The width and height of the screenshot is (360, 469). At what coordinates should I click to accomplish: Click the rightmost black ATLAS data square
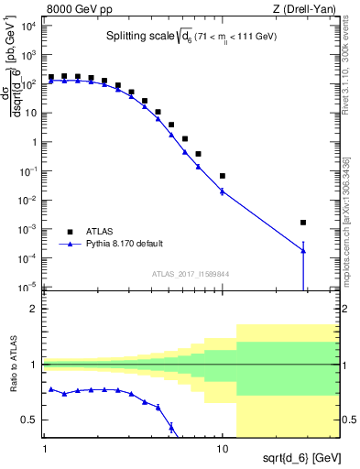(x=303, y=223)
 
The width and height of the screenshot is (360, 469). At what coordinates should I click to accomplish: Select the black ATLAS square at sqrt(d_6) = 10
(x=223, y=176)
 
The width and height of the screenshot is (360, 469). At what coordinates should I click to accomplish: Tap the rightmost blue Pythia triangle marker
(x=303, y=251)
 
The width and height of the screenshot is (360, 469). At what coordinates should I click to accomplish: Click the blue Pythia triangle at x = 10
(x=223, y=191)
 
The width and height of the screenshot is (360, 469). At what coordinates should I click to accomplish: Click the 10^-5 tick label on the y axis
(x=29, y=288)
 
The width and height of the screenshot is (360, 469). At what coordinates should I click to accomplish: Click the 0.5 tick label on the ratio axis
(x=33, y=420)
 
